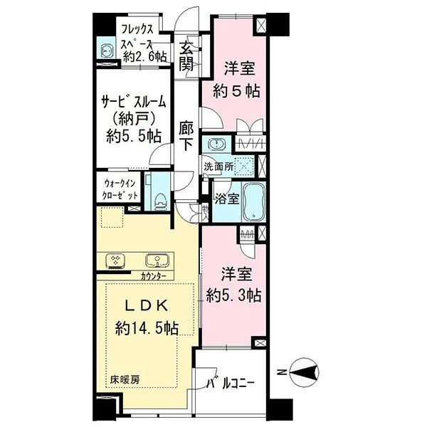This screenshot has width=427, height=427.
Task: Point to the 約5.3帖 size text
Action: (x=233, y=293)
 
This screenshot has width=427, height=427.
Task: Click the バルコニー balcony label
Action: (x=230, y=385)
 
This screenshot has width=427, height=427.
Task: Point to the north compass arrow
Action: (x=302, y=371)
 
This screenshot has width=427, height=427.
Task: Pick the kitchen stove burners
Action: (x=115, y=260)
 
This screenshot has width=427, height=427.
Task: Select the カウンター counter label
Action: (x=153, y=276)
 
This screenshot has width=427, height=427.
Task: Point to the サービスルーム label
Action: (x=132, y=101)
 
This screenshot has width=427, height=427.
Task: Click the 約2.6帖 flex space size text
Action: (x=146, y=56)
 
